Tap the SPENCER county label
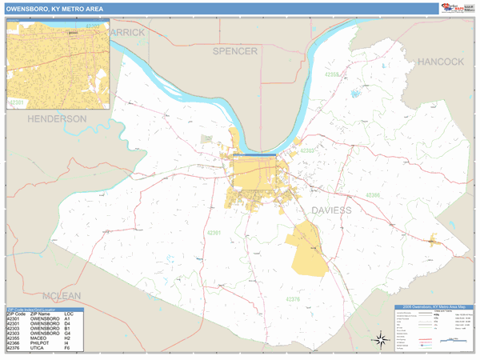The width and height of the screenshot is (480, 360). coord(234,51)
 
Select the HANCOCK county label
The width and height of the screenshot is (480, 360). coord(440,62)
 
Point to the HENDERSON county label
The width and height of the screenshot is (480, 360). coord(57,118)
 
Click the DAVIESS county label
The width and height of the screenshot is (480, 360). coord(330,210)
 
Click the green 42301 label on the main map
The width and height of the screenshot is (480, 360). coord(214,232)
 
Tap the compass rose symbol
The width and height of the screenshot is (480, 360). coord(382,340)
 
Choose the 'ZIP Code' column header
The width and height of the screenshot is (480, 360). coord(15,313)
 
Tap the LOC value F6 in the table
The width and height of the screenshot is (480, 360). coord(67,350)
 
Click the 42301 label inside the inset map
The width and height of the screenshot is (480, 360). coord(16,102)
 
